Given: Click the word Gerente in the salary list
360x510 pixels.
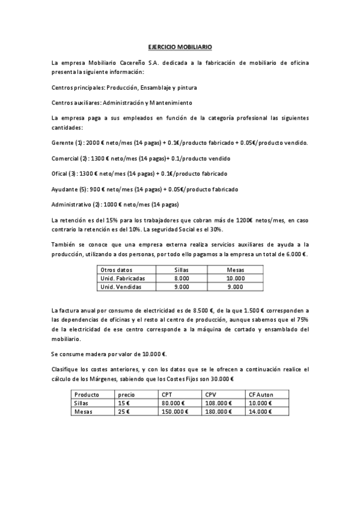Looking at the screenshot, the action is (63, 143).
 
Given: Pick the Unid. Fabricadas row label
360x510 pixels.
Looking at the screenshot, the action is (123, 278).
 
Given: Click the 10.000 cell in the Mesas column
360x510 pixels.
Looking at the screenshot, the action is (236, 278).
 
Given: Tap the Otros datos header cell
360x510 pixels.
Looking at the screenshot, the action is (117, 270).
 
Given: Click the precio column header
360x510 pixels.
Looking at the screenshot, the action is (127, 395).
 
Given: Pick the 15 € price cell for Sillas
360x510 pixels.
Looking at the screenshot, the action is (123, 403).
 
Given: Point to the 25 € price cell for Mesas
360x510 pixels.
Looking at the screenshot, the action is (124, 412).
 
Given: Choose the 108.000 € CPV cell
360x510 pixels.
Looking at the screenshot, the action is (219, 403).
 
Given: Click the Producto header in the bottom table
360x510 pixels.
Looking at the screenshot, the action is (87, 395).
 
